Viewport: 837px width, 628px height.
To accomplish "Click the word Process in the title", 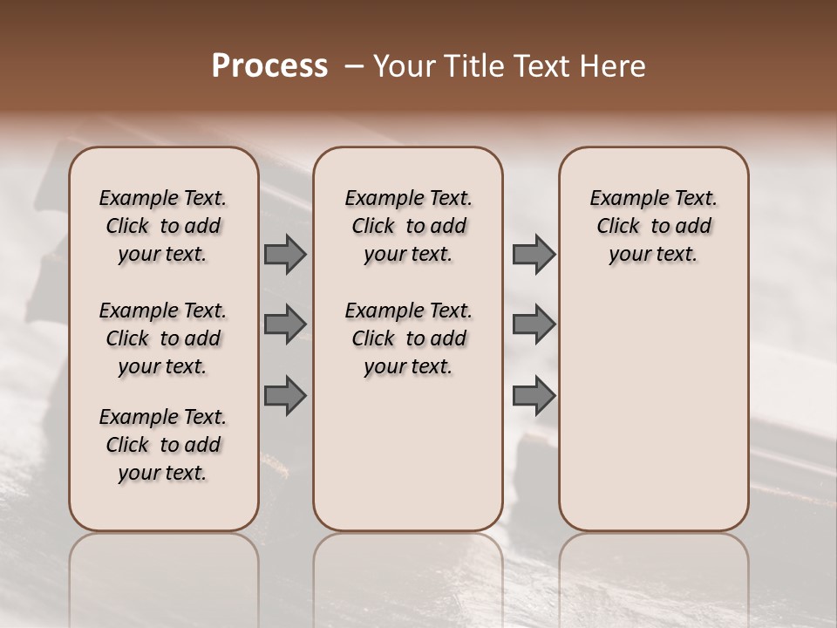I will (x=269, y=66).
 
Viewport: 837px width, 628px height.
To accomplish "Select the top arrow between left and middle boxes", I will (x=285, y=254).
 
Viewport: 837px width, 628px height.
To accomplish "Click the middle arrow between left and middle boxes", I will (x=285, y=324).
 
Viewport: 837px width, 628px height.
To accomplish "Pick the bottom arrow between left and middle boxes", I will (x=285, y=395).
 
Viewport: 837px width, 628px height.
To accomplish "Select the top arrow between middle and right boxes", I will (x=534, y=254).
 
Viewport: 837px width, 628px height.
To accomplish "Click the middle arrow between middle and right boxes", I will (x=534, y=324).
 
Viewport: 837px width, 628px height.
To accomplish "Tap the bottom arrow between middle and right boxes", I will (x=534, y=395).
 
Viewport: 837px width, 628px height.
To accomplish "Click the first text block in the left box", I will (x=163, y=226).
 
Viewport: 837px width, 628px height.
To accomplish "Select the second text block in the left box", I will (x=163, y=338).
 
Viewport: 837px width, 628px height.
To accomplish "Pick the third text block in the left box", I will (x=163, y=445).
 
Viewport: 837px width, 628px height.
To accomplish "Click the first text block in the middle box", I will (x=408, y=226).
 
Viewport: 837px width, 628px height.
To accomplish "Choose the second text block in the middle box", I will (x=408, y=338).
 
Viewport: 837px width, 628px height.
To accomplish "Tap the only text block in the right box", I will (x=654, y=226).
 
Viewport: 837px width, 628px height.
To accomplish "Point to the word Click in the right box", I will (x=618, y=227).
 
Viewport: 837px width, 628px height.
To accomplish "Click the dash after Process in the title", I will (x=354, y=66).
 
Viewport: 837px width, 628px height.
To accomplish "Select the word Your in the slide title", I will (x=403, y=66).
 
